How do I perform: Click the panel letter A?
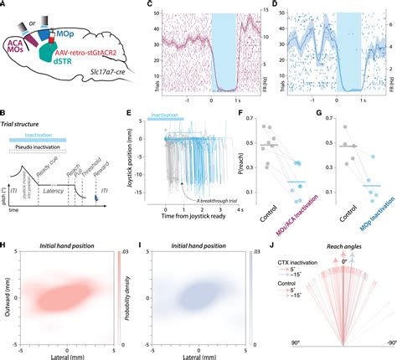tap(5, 6)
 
